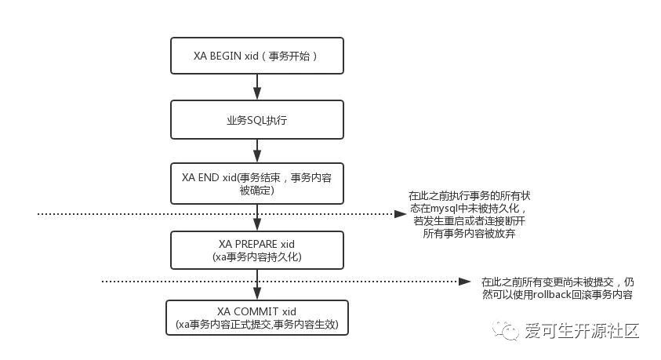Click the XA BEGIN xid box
coord(257,56)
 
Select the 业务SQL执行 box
coord(257,122)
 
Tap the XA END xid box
coord(257,184)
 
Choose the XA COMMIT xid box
coord(257,318)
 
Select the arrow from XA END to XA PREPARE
coord(257,217)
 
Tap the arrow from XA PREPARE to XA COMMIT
coord(257,283)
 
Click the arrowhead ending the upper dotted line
coord(397,213)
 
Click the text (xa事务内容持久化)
coord(257,256)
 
